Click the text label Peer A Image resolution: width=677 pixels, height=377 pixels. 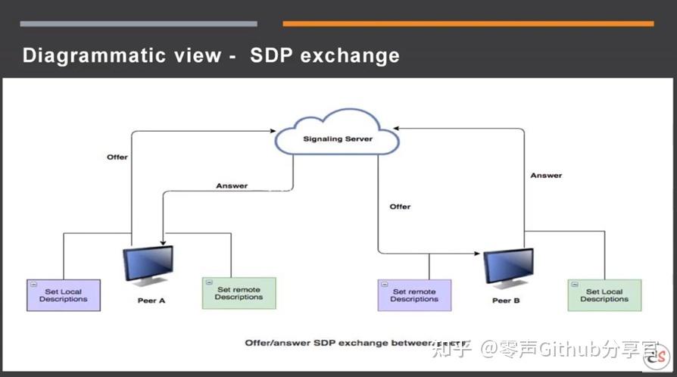pos(151,301)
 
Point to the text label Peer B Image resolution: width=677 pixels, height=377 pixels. pos(506,301)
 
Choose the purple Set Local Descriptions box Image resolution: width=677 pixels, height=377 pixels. pos(64,294)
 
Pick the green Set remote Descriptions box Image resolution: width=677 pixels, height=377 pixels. pos(239,293)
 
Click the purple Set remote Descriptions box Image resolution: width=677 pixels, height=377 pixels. pos(414,294)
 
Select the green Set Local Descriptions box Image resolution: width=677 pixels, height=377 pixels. pos(604,294)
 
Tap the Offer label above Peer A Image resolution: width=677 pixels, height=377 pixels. pos(117,157)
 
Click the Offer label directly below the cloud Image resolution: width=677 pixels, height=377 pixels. pos(400,207)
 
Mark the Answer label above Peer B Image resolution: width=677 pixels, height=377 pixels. pos(546,176)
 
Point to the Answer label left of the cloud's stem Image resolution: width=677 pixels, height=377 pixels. pos(232,185)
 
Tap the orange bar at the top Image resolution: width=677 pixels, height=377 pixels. pos(468,23)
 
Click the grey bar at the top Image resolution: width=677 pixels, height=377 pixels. pos(139,23)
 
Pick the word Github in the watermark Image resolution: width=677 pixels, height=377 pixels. pos(579,349)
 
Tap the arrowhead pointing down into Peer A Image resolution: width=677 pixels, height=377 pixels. pos(164,241)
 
